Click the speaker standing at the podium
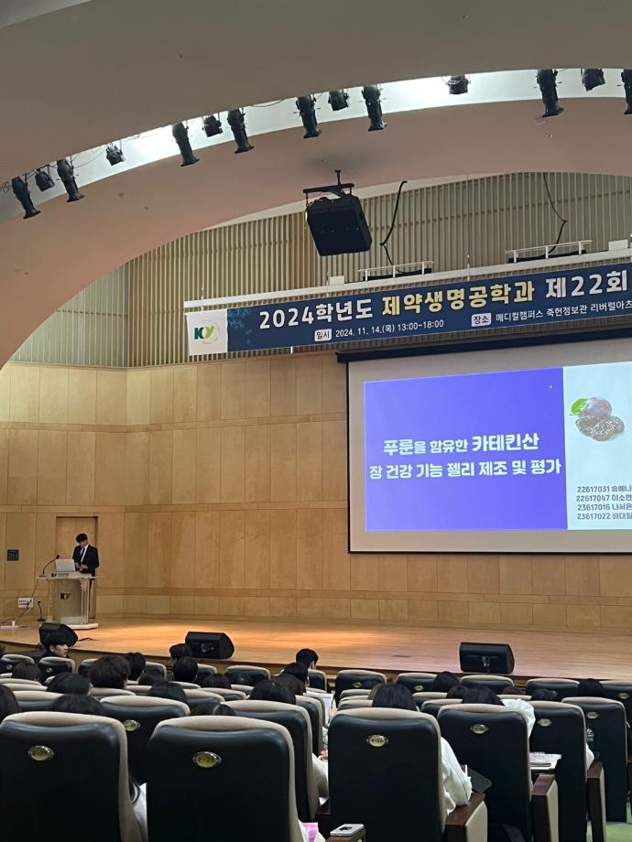pos(85,554)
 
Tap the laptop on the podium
pos(65,567)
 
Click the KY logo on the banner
pos(206,331)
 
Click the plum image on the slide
pos(599,418)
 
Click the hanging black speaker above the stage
pos(338,224)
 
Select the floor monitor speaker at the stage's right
pos(485,657)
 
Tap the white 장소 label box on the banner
pos(481,320)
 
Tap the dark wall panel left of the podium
pos(13,555)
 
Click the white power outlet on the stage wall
pos(25,603)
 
